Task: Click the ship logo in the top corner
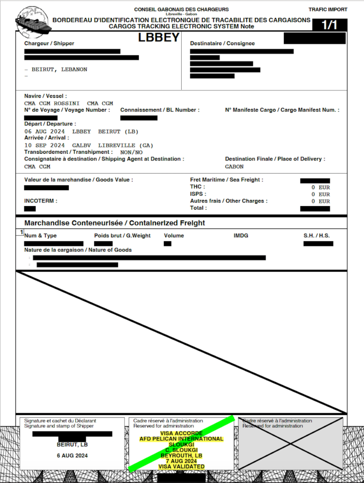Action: pos(32,22)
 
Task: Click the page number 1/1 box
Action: pos(329,25)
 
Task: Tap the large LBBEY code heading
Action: pos(159,38)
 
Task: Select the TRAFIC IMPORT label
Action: pos(328,9)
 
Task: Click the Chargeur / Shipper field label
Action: pos(49,44)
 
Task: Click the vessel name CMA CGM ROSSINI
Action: pos(52,103)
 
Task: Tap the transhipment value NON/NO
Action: pos(131,152)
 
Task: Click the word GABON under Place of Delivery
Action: pos(234,167)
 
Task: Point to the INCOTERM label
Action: pos(40,201)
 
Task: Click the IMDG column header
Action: pos(241,235)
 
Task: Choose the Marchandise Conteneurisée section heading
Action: pos(114,223)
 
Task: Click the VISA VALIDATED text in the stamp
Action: pos(181,466)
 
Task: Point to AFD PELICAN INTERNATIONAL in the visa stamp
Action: pos(181,439)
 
